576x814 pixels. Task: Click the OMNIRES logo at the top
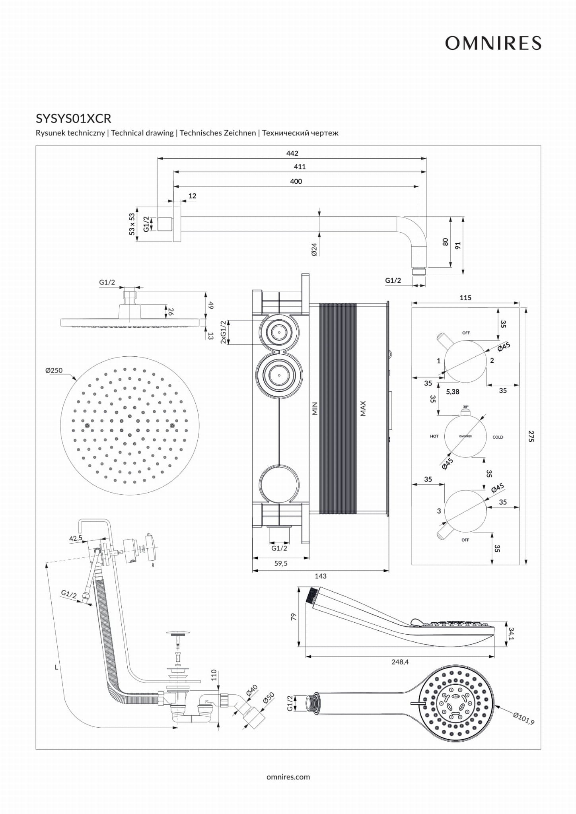click(x=493, y=43)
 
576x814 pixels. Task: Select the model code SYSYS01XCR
click(x=74, y=119)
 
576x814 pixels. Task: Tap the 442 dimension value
click(x=292, y=153)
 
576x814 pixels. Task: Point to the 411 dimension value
click(x=300, y=167)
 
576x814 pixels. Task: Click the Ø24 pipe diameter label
click(x=314, y=249)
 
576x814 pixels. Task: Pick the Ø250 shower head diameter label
click(x=54, y=370)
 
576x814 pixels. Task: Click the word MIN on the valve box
click(x=315, y=408)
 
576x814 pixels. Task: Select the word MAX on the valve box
click(x=363, y=408)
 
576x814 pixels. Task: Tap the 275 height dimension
click(x=531, y=436)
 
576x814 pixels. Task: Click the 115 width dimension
click(x=465, y=297)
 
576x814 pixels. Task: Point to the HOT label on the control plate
click(x=434, y=436)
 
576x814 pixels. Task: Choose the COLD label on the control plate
click(x=498, y=437)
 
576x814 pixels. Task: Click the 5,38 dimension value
click(x=453, y=392)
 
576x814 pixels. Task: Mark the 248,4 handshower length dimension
click(x=400, y=662)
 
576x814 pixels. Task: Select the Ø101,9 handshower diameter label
click(x=524, y=719)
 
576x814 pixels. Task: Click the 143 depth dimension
click(x=321, y=576)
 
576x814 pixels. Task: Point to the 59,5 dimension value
click(x=281, y=563)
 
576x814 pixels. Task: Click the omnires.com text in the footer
click(x=288, y=777)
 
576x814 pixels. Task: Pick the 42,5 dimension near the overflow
click(x=76, y=539)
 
